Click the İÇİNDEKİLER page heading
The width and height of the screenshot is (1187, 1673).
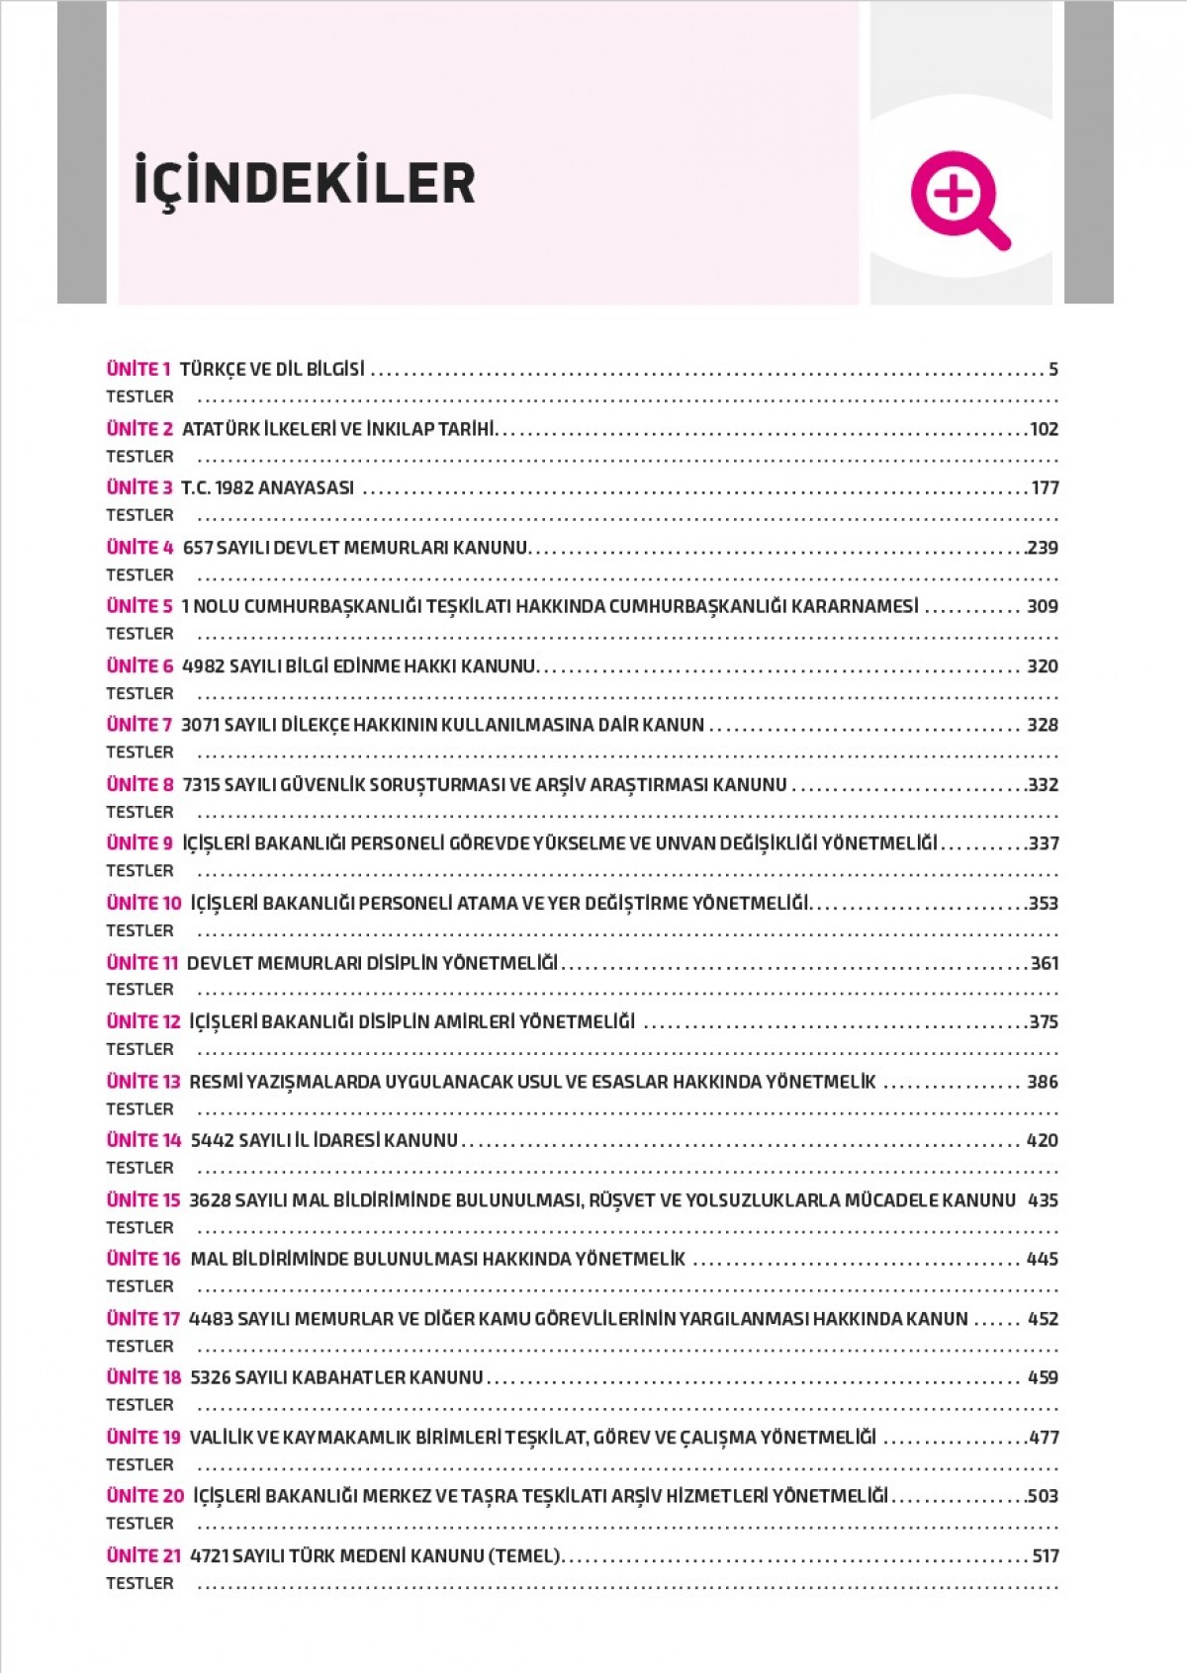305,182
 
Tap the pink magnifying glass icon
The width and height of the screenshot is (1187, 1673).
957,197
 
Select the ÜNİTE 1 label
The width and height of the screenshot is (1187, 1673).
138,369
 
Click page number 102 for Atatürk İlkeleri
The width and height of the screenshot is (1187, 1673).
1044,429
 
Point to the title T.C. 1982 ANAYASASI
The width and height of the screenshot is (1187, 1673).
267,487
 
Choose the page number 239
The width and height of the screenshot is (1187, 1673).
1043,547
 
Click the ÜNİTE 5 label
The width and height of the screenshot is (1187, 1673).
139,606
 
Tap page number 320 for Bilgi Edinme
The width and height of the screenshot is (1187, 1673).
1043,665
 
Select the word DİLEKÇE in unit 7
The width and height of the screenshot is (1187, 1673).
315,725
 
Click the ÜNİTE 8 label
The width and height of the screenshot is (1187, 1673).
139,784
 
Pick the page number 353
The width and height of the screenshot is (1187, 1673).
1044,903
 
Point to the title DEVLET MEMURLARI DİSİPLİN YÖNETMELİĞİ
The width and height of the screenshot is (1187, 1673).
372,962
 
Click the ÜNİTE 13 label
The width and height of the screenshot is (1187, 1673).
143,1081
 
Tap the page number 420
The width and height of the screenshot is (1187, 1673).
1043,1140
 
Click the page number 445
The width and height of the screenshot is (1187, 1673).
1043,1259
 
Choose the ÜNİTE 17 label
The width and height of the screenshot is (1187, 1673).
143,1318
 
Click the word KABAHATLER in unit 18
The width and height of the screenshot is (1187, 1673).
346,1377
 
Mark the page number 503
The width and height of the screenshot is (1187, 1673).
1043,1496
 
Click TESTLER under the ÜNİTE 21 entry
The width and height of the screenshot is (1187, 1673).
139,1583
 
